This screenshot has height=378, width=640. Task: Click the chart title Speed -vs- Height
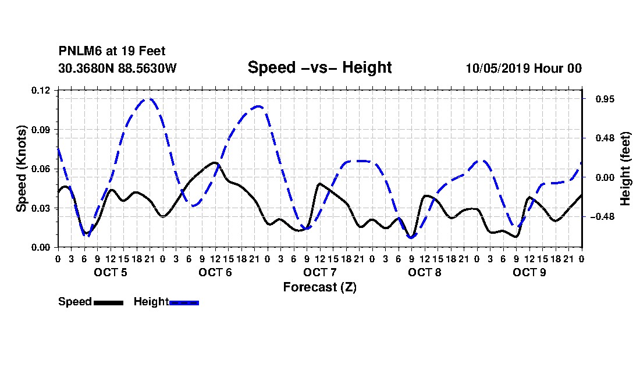319,67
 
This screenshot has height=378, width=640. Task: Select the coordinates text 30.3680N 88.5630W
118,68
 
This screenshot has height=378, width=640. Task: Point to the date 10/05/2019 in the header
498,68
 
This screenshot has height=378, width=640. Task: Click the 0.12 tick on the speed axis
40,90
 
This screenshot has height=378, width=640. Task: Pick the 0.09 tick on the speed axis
40,130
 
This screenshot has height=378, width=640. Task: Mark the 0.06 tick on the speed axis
40,169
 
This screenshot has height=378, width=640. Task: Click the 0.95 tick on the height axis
605,99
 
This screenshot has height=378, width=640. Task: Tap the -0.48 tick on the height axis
602,216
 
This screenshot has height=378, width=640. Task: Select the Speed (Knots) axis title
21,169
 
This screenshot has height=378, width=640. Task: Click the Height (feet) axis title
625,169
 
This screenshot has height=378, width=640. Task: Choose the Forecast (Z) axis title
320,287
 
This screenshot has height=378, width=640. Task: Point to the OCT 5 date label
111,272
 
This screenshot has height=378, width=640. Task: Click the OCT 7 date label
320,272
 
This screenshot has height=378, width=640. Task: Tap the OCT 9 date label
529,272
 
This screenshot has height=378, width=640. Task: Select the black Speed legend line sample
109,302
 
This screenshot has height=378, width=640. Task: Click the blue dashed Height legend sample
184,302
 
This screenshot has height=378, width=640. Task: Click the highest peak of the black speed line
215,162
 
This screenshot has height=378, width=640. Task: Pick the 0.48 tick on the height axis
605,138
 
